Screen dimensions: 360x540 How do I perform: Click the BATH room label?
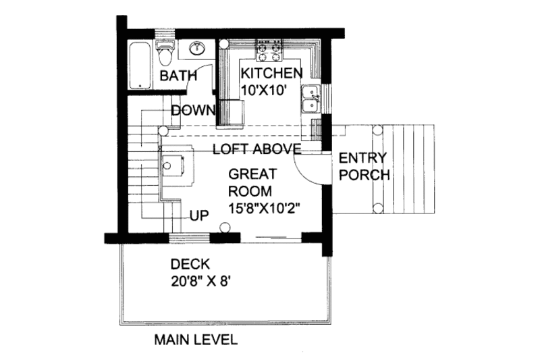click(x=178, y=77)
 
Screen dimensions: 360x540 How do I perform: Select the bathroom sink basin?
click(x=198, y=49)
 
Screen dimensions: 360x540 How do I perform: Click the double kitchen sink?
click(x=311, y=99)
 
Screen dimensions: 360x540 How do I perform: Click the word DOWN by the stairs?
click(x=192, y=110)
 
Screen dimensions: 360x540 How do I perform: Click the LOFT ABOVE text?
click(x=256, y=149)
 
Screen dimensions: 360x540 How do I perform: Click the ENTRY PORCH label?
click(x=364, y=166)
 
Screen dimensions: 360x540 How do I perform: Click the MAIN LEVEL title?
click(x=194, y=339)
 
